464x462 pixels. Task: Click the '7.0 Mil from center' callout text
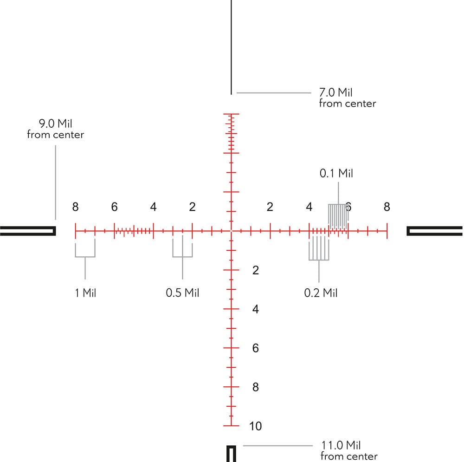coord(348,98)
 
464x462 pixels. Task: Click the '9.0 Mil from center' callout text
coord(55,129)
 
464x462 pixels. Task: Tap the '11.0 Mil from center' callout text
coord(349,450)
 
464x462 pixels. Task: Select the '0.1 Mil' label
coord(336,173)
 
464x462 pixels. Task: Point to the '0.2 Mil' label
coord(321,293)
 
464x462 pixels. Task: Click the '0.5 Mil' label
coord(182,293)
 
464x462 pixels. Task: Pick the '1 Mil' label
coord(85,293)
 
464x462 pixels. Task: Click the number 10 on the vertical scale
coord(255,426)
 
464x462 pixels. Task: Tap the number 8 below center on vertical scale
coord(255,387)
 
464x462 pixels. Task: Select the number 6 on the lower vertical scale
coord(255,348)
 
